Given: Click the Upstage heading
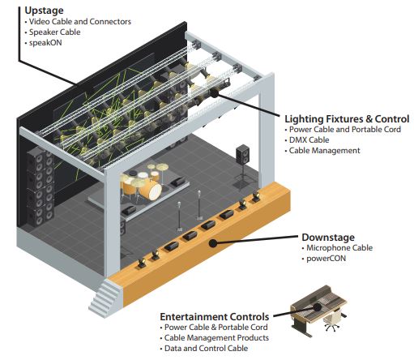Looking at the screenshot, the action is coord(44,11).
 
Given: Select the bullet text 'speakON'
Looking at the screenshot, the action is coord(45,43).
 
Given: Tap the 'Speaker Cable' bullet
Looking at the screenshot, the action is coord(54,32).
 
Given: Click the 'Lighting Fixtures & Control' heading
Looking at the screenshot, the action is coord(347,118).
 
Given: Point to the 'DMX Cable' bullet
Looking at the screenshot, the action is coord(309,140).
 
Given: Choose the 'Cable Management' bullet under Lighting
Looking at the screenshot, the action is coord(324,151).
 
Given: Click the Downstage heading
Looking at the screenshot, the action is coord(328,238).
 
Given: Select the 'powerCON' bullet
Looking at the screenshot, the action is coord(326,259).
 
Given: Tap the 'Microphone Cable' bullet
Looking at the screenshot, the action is coord(339,248).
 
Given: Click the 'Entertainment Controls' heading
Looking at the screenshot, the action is coord(215,316).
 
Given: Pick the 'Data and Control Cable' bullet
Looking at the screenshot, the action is coord(206,349).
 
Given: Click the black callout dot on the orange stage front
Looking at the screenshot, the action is coord(213,243).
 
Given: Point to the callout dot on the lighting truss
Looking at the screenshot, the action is coord(214,93).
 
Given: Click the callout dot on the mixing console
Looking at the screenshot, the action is coord(317,307).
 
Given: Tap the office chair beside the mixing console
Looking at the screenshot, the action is coord(332,320).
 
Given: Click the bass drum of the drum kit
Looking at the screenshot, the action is coord(151,190).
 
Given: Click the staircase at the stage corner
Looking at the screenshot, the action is coord(105,298).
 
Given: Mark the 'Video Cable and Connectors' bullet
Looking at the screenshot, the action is coord(80,22).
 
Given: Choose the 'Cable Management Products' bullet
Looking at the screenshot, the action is coord(216,338).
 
